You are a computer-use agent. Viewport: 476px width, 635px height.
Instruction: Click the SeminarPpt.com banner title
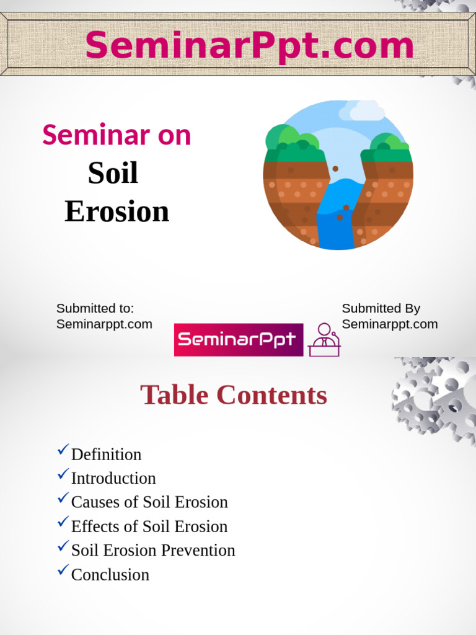tap(249, 46)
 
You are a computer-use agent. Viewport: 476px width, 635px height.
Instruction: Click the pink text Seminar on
tap(117, 135)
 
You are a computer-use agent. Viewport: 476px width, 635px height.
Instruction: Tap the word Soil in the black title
tap(113, 173)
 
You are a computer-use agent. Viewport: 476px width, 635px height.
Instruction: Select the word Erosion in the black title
tap(117, 211)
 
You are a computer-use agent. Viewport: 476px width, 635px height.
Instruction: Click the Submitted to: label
tap(95, 308)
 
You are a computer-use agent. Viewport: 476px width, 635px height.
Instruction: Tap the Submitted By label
tap(381, 308)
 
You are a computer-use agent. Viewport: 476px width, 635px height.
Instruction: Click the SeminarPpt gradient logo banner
tap(239, 340)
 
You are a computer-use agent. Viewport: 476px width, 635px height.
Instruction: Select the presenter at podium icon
tap(324, 340)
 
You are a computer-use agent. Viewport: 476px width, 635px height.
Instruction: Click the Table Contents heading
tap(234, 395)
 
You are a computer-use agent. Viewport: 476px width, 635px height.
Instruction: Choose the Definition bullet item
tap(106, 455)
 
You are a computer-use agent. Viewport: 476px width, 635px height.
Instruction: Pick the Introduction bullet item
tap(113, 478)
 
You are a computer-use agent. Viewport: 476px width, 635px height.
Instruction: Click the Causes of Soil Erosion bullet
tap(149, 502)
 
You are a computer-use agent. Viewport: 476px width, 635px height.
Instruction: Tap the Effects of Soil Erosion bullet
tap(149, 526)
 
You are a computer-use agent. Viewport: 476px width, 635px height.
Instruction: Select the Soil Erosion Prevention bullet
tap(153, 550)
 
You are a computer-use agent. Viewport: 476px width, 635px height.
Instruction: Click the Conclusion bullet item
tap(110, 575)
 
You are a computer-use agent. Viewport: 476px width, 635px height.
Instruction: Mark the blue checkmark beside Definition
tap(63, 450)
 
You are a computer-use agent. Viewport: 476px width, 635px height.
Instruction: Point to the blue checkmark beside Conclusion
tap(63, 570)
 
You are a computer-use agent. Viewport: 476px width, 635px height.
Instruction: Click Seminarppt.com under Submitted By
tap(389, 324)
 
